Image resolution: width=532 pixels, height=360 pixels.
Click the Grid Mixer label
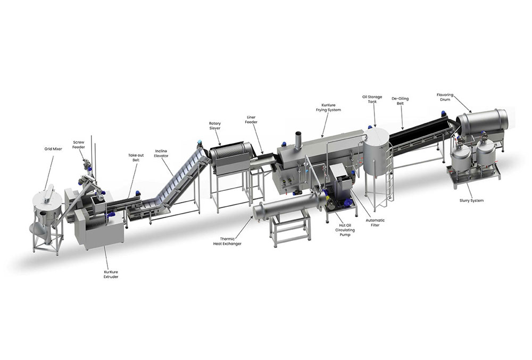click(x=53, y=149)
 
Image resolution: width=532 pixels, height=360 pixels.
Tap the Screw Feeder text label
click(x=79, y=145)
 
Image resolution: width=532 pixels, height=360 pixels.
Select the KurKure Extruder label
click(x=111, y=274)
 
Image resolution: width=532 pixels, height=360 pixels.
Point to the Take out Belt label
click(x=136, y=157)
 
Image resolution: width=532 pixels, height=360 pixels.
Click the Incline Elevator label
click(x=162, y=153)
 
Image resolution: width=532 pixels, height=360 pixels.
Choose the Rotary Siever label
click(x=215, y=126)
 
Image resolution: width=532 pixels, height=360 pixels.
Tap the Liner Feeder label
click(x=252, y=120)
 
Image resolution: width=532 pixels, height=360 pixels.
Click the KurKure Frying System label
click(x=328, y=107)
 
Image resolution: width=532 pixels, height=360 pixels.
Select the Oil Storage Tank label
click(x=372, y=99)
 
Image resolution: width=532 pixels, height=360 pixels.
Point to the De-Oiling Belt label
click(x=401, y=101)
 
